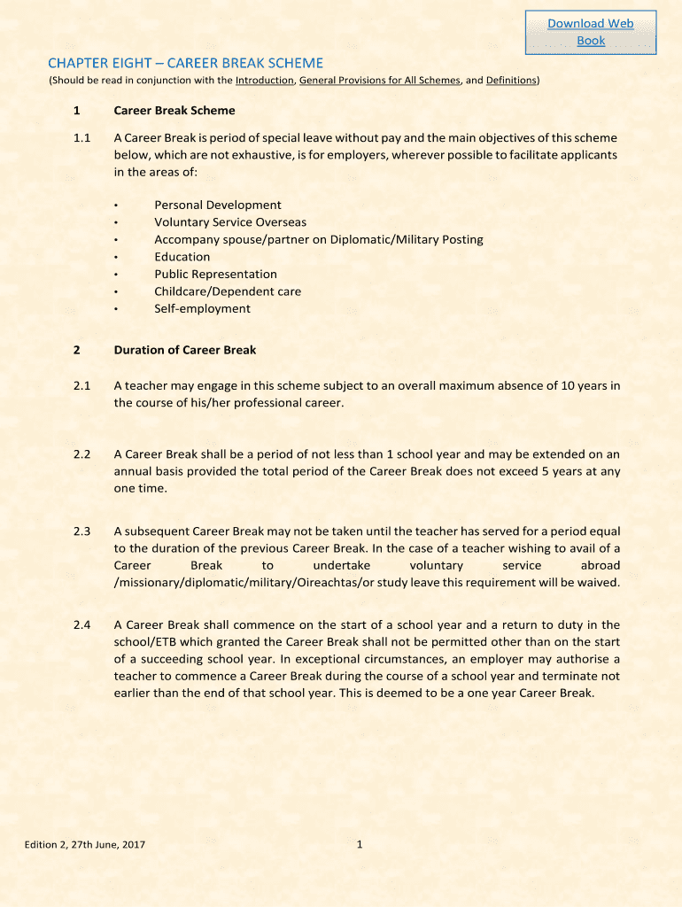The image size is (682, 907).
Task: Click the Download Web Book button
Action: (x=590, y=32)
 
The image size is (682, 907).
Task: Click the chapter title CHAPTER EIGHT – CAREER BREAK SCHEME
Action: (x=185, y=63)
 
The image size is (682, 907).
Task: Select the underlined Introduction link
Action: (x=264, y=81)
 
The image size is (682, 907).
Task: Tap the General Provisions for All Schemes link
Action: (x=380, y=81)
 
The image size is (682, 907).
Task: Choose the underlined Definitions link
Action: (x=511, y=81)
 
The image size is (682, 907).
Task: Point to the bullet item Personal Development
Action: (x=218, y=205)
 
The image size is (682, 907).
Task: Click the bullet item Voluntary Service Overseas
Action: (x=230, y=222)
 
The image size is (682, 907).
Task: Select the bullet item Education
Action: (x=182, y=257)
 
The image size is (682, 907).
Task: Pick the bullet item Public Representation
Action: (x=215, y=274)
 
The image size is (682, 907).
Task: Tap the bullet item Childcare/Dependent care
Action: (x=228, y=291)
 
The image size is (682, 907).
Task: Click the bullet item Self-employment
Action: (x=202, y=308)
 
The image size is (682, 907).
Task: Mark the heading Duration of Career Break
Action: (x=185, y=350)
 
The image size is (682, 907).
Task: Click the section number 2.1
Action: (x=82, y=385)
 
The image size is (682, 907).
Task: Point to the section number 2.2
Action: (x=82, y=453)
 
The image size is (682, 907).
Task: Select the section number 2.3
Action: (x=82, y=531)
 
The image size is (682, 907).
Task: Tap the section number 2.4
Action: (x=82, y=625)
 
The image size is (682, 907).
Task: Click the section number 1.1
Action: (x=82, y=138)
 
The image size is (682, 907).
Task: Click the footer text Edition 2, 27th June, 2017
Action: (x=85, y=844)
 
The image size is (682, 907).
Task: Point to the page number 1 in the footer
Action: (x=360, y=844)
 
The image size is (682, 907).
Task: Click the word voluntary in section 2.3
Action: (x=437, y=565)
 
